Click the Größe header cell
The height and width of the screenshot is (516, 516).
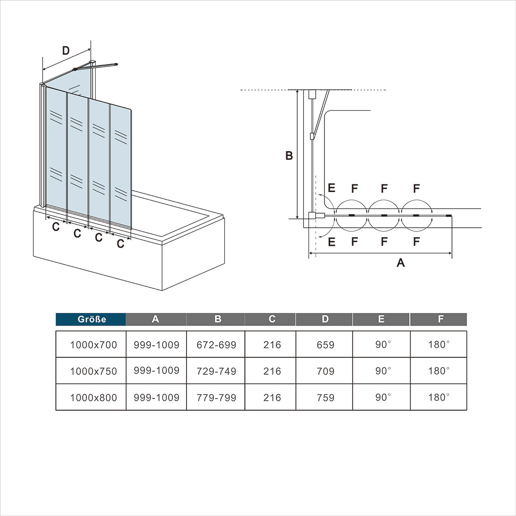coord(91,319)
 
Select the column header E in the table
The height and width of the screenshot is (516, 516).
coord(381,319)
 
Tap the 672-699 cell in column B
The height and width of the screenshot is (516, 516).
coord(216,345)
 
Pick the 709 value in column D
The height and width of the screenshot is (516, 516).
coord(325,371)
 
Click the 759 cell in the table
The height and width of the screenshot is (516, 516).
coord(325,397)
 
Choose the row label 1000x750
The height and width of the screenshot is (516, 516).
coord(93,371)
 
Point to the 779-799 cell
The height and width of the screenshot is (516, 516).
coord(216,397)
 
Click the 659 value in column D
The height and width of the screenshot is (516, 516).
coord(325,345)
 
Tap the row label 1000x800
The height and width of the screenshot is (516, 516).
coord(93,397)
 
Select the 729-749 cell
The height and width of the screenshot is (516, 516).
coord(216,371)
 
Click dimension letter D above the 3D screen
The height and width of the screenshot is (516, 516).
coord(66,51)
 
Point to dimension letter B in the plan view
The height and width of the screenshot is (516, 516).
coord(289,155)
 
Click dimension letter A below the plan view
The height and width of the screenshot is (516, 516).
coord(401,263)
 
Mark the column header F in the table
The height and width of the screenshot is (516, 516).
coord(440,319)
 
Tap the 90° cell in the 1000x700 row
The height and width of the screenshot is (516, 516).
coord(383,344)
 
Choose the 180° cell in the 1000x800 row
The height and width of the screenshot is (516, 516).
coord(439,397)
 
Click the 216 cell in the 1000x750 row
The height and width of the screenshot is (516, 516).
coord(272,371)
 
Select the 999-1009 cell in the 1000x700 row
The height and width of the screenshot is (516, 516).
coord(156,345)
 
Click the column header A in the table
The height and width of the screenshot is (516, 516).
coord(155,319)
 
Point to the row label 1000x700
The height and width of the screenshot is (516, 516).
coord(93,345)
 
